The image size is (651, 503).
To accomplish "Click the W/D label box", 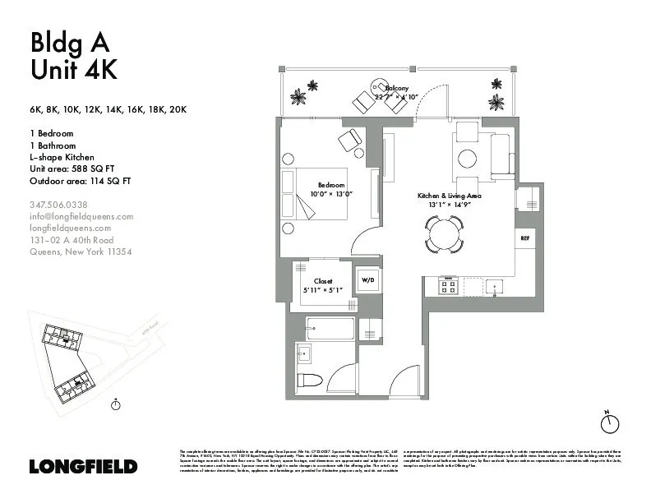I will pyautogui.click(x=367, y=280).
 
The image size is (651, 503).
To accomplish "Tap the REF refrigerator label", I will pyautogui.click(x=524, y=238).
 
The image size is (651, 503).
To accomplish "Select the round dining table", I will pyautogui.click(x=444, y=234).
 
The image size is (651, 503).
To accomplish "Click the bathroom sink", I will pyautogui.click(x=303, y=354).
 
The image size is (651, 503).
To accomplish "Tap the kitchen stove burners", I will pyautogui.click(x=449, y=287).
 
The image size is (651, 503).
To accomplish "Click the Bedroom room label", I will pyautogui.click(x=332, y=185).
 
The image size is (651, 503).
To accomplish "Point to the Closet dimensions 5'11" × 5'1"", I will pyautogui.click(x=323, y=289).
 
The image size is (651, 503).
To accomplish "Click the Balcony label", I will pyautogui.click(x=397, y=88).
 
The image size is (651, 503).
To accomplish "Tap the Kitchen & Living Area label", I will pyautogui.click(x=449, y=196).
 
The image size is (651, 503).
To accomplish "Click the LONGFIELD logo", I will pyautogui.click(x=83, y=466).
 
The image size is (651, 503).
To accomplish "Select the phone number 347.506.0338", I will pyautogui.click(x=58, y=204).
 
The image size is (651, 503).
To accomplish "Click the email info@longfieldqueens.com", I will pyautogui.click(x=81, y=217).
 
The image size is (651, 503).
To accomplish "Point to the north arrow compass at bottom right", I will pyautogui.click(x=609, y=422).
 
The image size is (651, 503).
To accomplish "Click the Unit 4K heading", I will pyautogui.click(x=73, y=71).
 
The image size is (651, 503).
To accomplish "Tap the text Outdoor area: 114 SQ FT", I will pyautogui.click(x=81, y=181).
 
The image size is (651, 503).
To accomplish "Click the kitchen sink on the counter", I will pyautogui.click(x=494, y=287).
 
